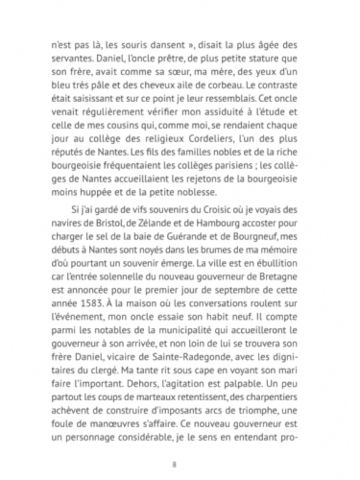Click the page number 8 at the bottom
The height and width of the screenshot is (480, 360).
coord(174,464)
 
